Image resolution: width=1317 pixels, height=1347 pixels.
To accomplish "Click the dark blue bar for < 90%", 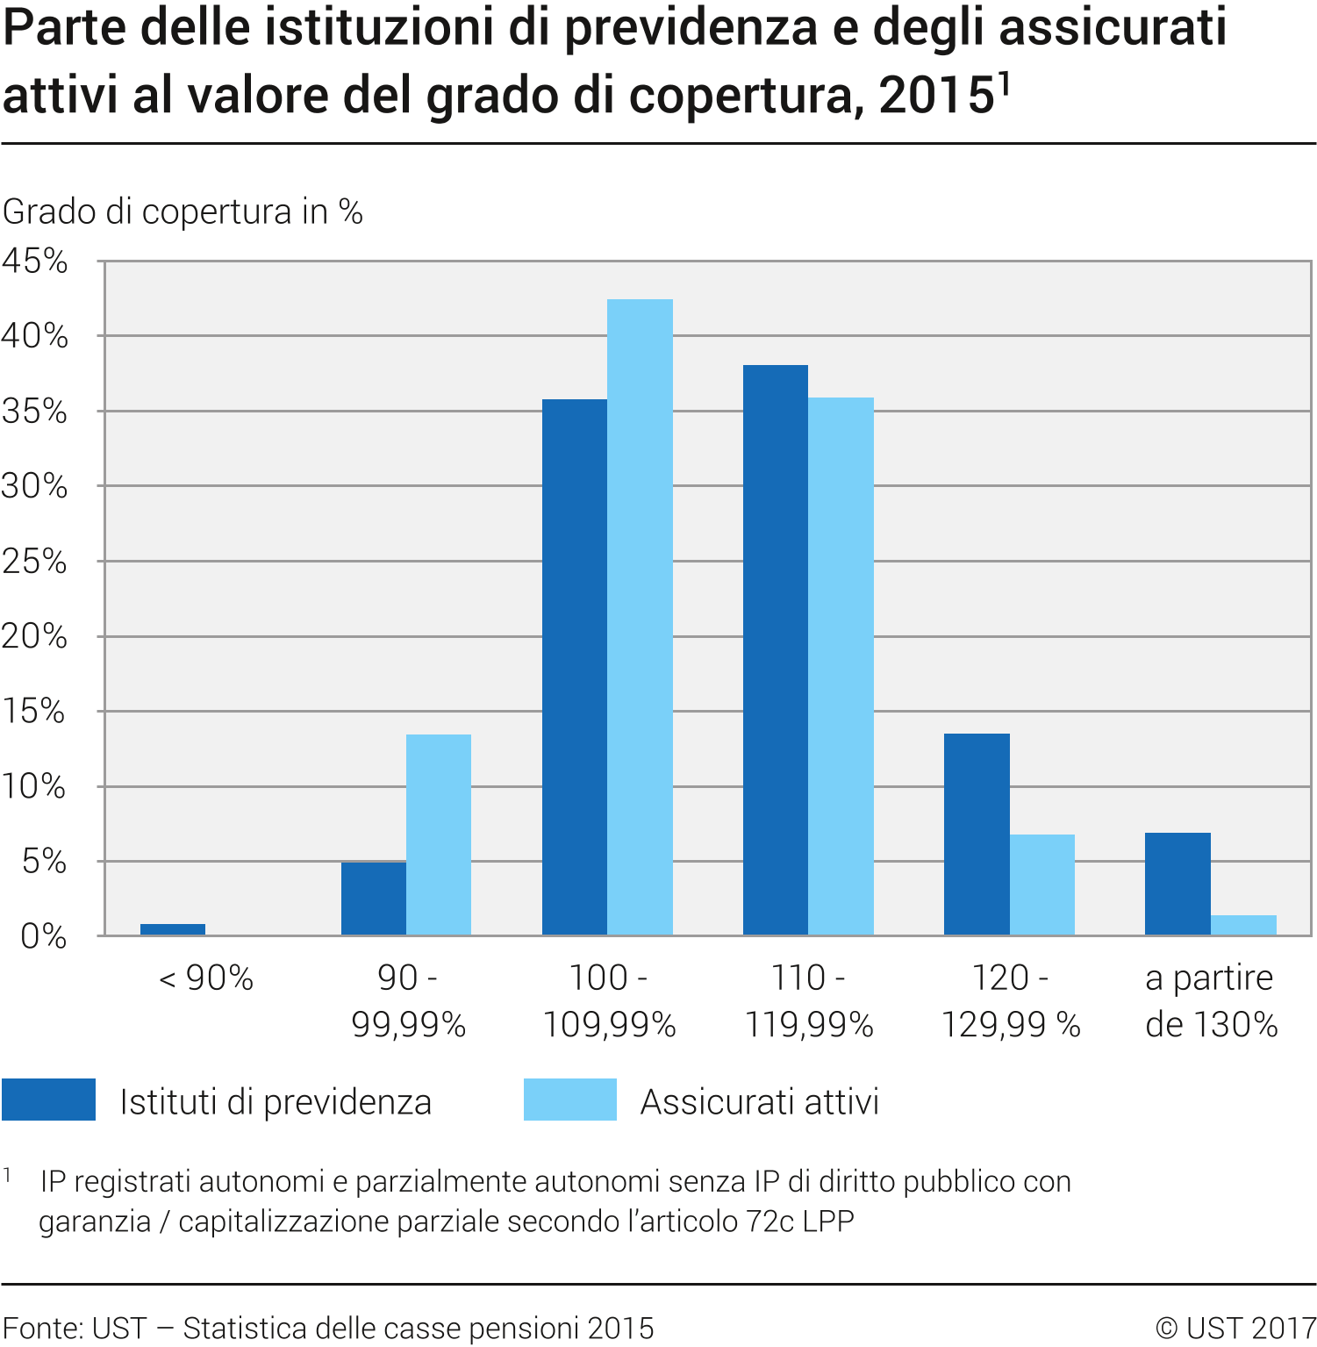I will point(173,929).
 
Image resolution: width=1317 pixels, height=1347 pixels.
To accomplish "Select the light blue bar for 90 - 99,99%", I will point(439,834).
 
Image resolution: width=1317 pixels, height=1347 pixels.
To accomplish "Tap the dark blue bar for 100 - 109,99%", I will point(575,667).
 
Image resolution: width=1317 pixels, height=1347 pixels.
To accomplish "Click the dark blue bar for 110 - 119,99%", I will point(776,649).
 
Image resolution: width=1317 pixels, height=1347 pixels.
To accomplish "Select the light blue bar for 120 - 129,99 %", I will point(1042,885).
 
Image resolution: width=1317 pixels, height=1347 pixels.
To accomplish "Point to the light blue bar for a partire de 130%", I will point(1243,925).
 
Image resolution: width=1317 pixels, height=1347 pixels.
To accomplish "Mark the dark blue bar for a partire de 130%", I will point(1177,884).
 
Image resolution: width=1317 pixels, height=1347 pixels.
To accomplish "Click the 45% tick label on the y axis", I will point(35,261).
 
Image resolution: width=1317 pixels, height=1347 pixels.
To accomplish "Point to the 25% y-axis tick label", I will point(35,562).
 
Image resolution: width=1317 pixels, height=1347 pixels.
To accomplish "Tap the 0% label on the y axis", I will point(44,936).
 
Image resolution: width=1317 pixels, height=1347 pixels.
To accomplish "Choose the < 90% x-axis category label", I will point(206,978).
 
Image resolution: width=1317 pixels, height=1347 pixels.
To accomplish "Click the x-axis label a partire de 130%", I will point(1211,1000).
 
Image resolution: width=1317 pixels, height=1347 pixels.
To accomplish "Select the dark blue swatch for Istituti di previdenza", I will point(48,1100).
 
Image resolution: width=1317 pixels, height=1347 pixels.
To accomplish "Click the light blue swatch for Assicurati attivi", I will point(570,1100).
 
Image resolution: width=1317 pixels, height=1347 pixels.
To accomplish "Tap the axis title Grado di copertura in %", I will point(183,211).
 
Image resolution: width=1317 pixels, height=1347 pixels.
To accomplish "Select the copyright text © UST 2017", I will point(1235,1328).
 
